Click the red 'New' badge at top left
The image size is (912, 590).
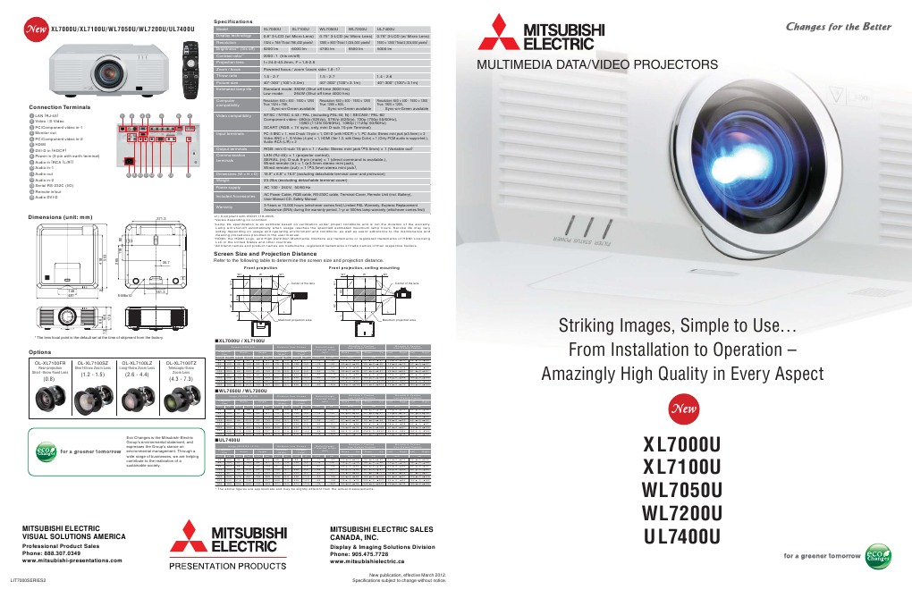(x=37, y=29)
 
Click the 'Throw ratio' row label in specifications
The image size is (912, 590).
(x=227, y=77)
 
